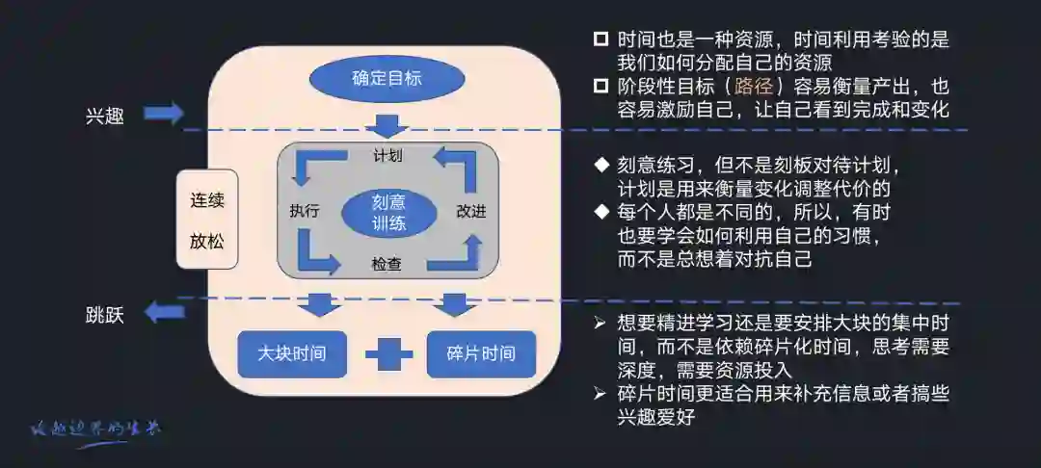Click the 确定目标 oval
(387, 78)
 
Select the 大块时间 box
(291, 353)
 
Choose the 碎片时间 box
(481, 353)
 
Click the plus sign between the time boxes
(387, 354)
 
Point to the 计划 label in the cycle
(387, 155)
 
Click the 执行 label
(304, 212)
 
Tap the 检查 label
(387, 264)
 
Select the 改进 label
(471, 212)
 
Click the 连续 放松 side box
(206, 221)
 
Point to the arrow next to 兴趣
(164, 115)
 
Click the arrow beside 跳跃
(164, 313)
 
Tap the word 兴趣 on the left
(104, 118)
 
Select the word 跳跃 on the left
(104, 316)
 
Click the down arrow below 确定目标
(387, 126)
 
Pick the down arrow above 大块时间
(317, 306)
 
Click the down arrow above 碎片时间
(450, 306)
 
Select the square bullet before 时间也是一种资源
(601, 39)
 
